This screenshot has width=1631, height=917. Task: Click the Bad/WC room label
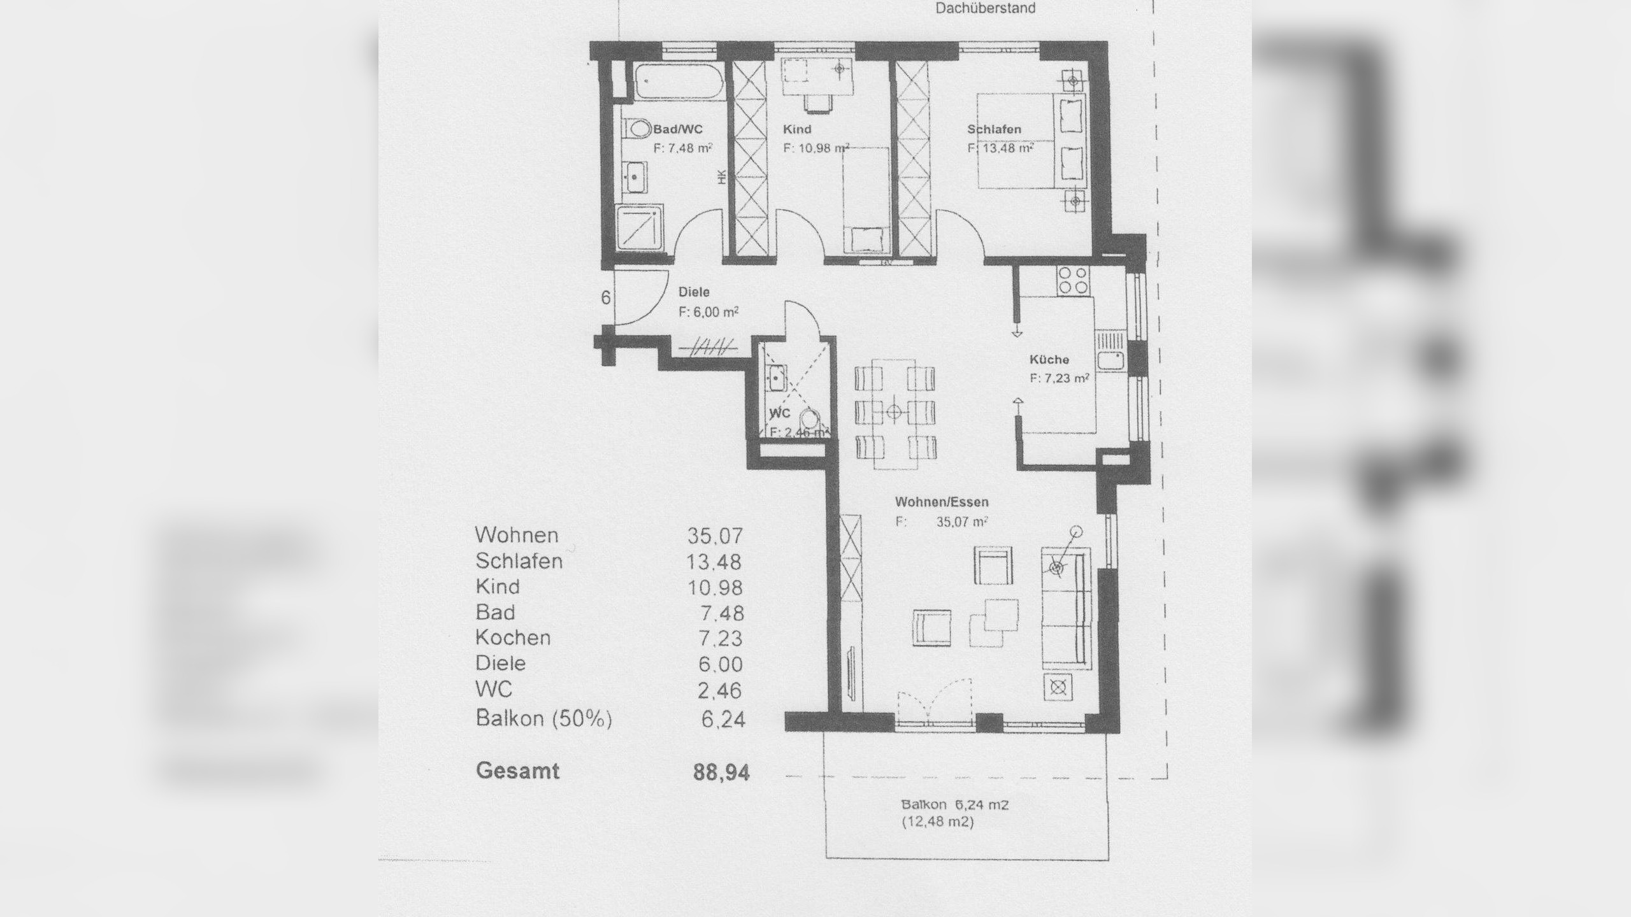coord(678,129)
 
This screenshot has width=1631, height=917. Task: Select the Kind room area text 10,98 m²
coord(815,148)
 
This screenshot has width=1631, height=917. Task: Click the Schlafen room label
coord(994,129)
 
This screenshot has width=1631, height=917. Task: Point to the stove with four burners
coord(1073,281)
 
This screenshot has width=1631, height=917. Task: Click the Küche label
coord(1049,360)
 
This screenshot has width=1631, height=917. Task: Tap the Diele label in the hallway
coord(694,292)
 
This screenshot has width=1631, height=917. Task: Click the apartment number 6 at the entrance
coord(606,297)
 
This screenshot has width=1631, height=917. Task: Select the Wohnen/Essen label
coord(942,502)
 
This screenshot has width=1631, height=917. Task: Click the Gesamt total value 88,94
coord(721,772)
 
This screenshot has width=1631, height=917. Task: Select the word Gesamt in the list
coord(517,771)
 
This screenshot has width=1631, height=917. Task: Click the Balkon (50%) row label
coord(543,718)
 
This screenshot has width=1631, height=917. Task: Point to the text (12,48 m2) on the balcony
coord(937,822)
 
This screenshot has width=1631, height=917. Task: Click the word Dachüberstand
coord(985,9)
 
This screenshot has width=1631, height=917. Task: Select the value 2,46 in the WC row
coord(721,690)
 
